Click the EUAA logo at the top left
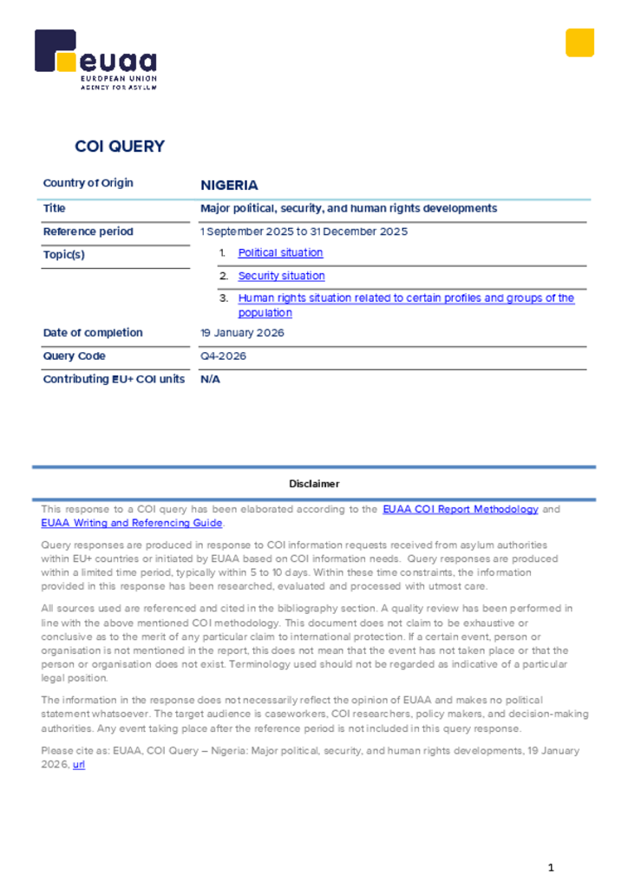click(95, 59)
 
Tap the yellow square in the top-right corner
click(579, 42)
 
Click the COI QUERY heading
click(120, 147)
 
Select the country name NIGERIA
click(229, 186)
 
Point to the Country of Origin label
click(88, 183)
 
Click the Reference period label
click(88, 232)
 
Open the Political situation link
click(280, 253)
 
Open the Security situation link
click(281, 276)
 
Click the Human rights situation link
click(406, 298)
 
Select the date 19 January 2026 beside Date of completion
click(242, 333)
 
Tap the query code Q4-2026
click(223, 356)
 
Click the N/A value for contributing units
click(210, 379)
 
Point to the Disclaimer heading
click(314, 484)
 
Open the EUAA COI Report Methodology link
click(461, 510)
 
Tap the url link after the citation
click(79, 765)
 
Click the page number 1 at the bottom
click(551, 867)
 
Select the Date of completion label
click(93, 333)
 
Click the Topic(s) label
click(64, 255)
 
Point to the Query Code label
click(75, 356)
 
